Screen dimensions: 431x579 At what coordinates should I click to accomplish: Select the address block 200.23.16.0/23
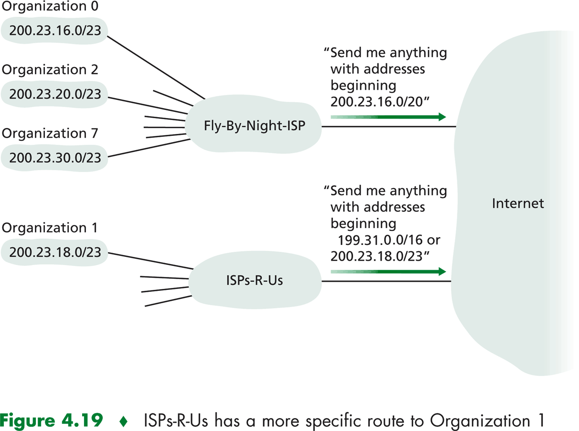[x=55, y=31]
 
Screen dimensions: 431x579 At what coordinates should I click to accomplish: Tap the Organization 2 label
[x=50, y=70]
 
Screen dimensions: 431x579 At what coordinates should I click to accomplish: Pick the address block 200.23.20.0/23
[x=55, y=94]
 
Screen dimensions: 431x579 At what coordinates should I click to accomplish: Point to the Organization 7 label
[x=50, y=133]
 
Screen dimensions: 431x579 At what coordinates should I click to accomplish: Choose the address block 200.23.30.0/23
[x=55, y=157]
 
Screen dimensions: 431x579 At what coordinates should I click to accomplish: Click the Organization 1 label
[x=50, y=228]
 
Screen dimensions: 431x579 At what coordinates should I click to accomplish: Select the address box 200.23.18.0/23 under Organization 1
[x=55, y=252]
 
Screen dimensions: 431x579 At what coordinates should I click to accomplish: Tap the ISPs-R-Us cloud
[x=254, y=280]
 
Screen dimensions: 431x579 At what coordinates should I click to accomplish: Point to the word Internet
[x=518, y=203]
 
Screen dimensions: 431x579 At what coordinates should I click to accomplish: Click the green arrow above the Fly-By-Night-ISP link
[x=388, y=117]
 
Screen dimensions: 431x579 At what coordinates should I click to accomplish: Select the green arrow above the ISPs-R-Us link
[x=388, y=272]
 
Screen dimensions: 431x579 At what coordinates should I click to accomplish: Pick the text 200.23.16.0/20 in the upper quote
[x=377, y=101]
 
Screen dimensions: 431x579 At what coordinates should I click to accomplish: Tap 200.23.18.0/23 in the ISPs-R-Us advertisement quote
[x=377, y=256]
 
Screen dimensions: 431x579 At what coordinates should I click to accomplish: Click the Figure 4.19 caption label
[x=52, y=420]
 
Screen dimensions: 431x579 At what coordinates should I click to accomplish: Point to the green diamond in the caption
[x=123, y=421]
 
